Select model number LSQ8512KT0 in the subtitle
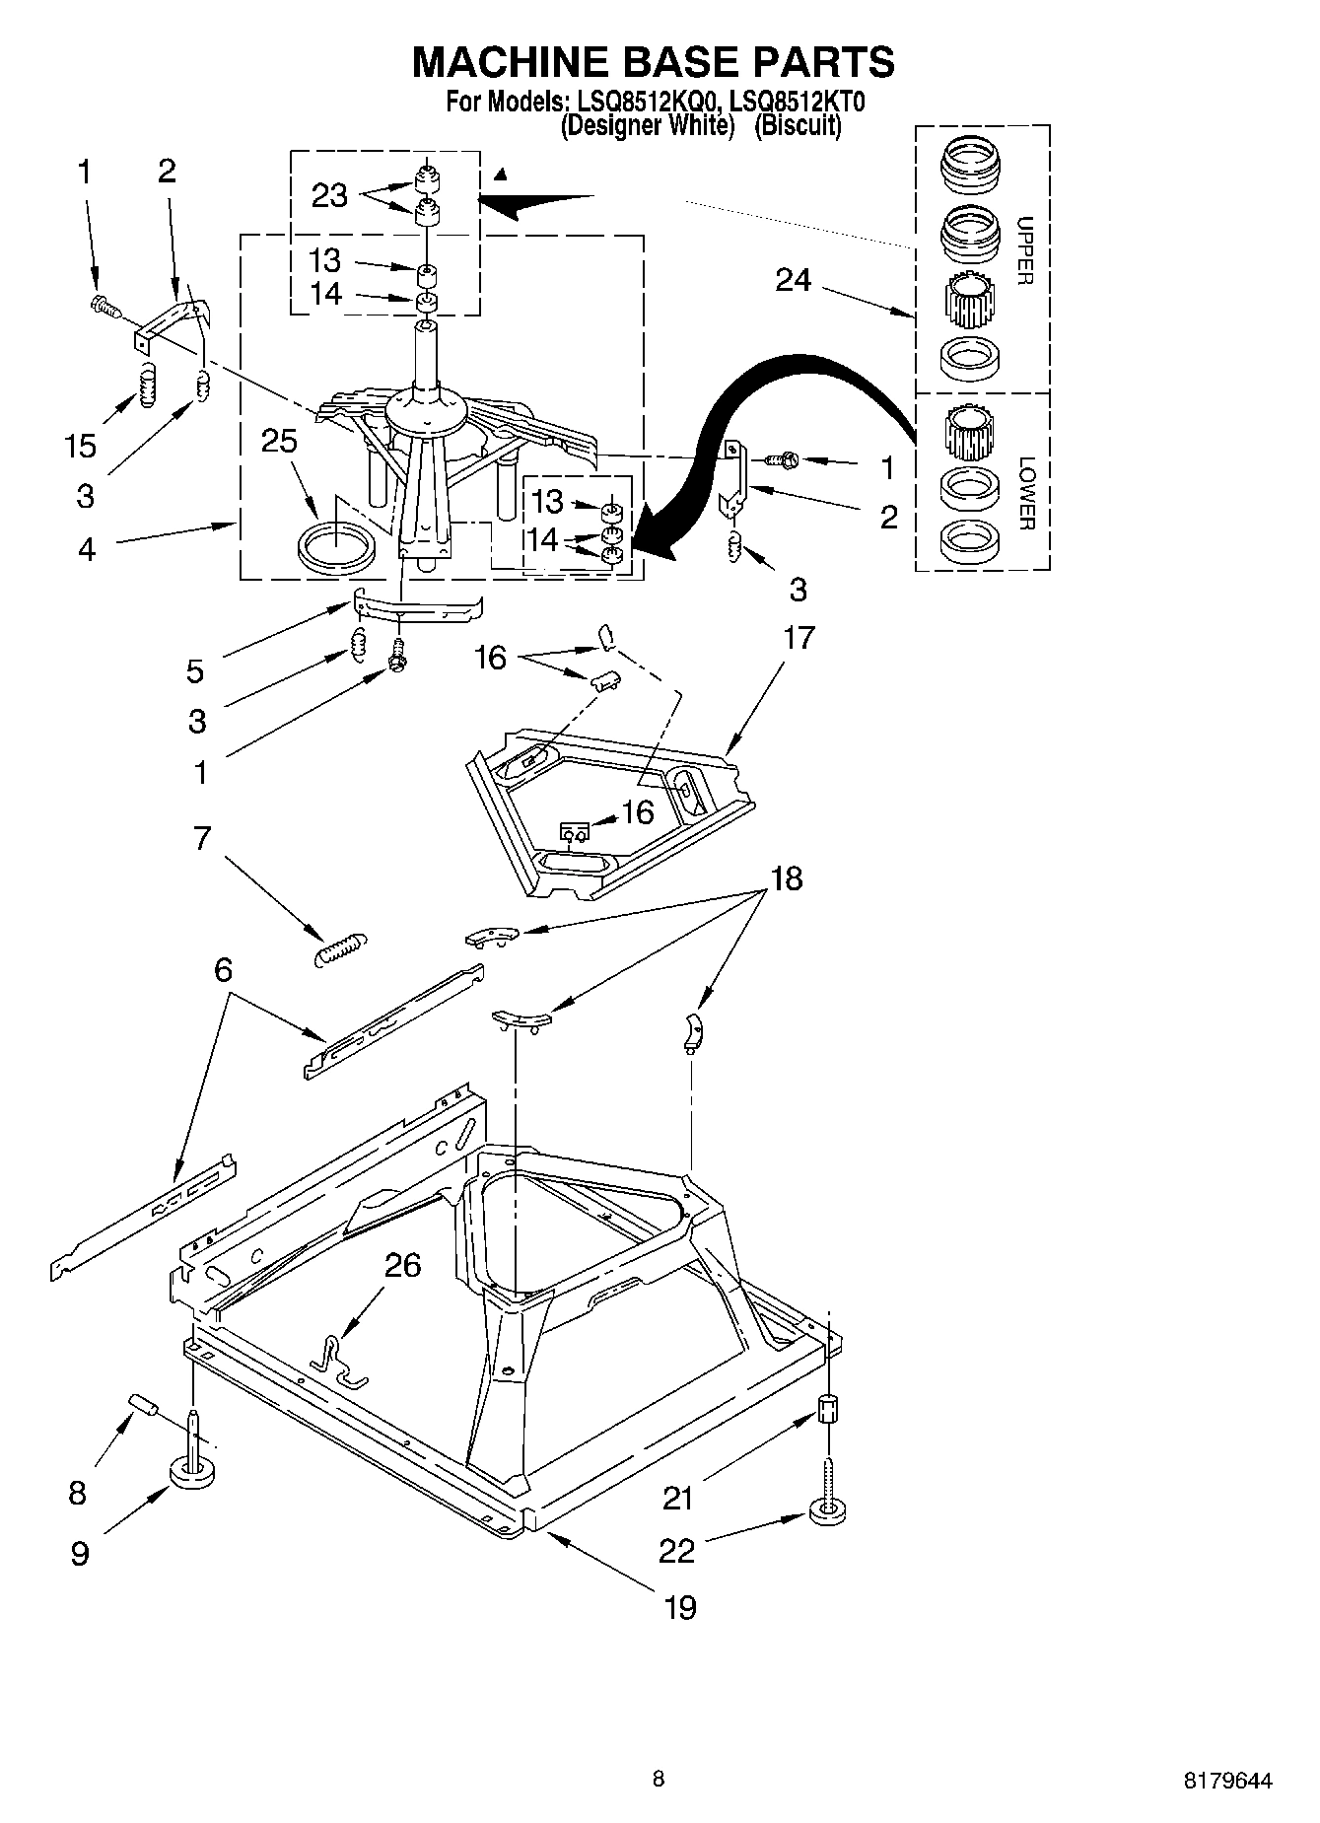pos(797,102)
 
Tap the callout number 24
pos(793,281)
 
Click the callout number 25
pos(279,441)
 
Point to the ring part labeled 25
pos(335,545)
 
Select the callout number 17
pos(799,638)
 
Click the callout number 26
pos(402,1265)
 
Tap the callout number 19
pos(680,1608)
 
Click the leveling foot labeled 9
pos(193,1472)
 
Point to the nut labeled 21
pos(829,1408)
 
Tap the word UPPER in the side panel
pos(1025,250)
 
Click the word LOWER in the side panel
pos(1025,493)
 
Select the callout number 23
pos(329,195)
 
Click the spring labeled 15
pos(147,383)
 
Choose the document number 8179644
pos(1227,1780)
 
